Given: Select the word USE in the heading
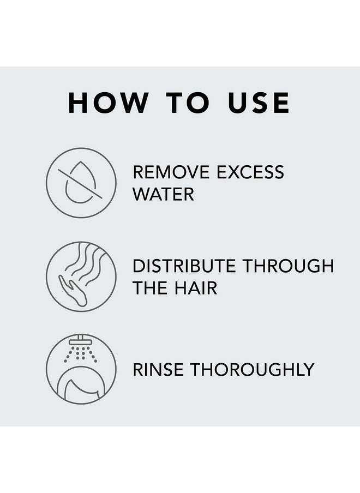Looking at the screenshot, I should click(259, 103).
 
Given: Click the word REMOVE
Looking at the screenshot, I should click(172, 173).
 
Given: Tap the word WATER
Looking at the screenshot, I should click(164, 194).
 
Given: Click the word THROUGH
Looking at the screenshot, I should click(289, 267).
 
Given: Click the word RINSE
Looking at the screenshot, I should click(157, 369).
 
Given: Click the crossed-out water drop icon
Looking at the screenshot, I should click(81, 183).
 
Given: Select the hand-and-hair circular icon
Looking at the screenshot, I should click(81, 276).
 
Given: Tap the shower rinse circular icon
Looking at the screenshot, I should click(81, 369).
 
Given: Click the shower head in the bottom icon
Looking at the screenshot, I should click(81, 340).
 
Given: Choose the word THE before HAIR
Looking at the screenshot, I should click(152, 288).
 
